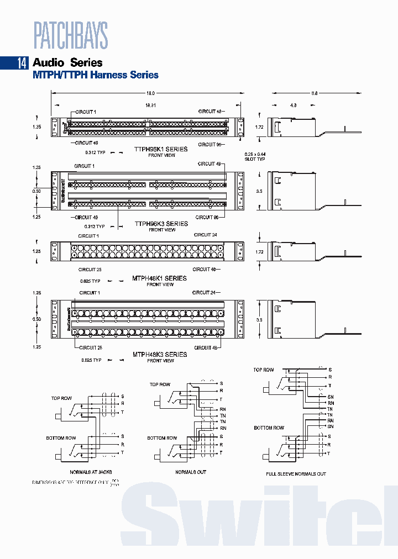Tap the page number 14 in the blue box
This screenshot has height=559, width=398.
pyautogui.click(x=22, y=63)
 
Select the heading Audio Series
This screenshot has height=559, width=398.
pyautogui.click(x=67, y=63)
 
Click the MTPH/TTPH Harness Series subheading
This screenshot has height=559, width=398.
pyautogui.click(x=96, y=75)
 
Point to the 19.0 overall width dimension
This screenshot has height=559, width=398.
pyautogui.click(x=150, y=93)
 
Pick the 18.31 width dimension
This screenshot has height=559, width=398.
pyautogui.click(x=150, y=104)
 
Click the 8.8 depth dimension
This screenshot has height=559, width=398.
pyautogui.click(x=315, y=93)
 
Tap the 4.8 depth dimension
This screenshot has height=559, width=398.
pyautogui.click(x=294, y=104)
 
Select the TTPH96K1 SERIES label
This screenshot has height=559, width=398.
pyautogui.click(x=161, y=149)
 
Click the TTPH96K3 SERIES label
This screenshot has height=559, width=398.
pyautogui.click(x=161, y=224)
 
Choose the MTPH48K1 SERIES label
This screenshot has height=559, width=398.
pyautogui.click(x=160, y=278)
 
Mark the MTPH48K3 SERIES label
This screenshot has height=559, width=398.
pyautogui.click(x=160, y=355)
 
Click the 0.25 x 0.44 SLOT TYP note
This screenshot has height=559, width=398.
pyautogui.click(x=255, y=156)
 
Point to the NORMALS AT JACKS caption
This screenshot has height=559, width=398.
pyautogui.click(x=91, y=473)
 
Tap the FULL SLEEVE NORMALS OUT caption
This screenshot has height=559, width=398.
pyautogui.click(x=296, y=474)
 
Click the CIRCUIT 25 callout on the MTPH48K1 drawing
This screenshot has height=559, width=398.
pyautogui.click(x=90, y=270)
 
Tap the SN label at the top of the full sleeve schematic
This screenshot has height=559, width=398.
pyautogui.click(x=331, y=397)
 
